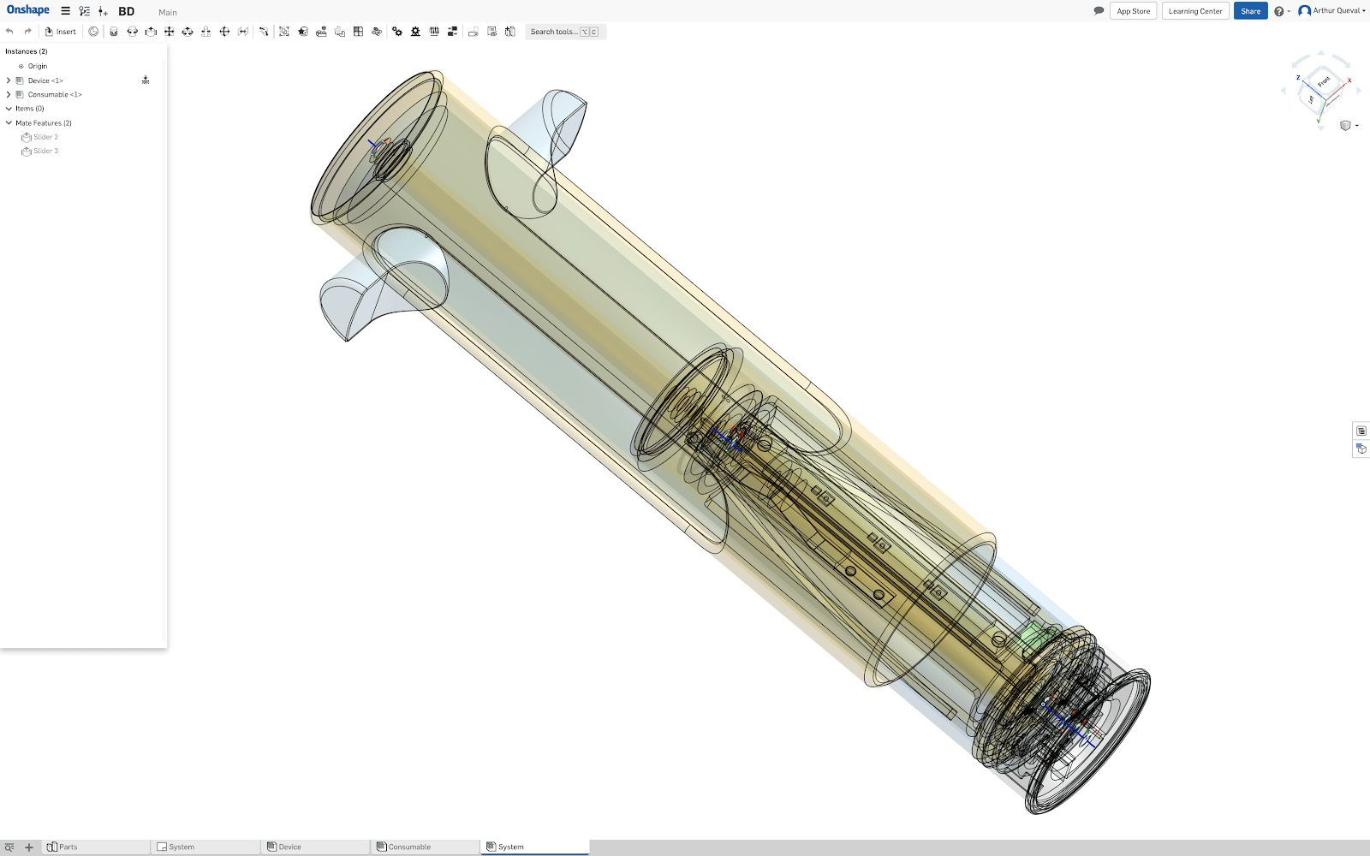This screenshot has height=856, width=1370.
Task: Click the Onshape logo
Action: pyautogui.click(x=28, y=10)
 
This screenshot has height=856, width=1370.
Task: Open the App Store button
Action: pyautogui.click(x=1133, y=11)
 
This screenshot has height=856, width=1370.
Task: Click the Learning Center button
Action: pyautogui.click(x=1194, y=11)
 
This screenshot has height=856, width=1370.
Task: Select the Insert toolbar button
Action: pyautogui.click(x=61, y=32)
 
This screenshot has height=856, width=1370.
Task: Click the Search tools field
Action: pyautogui.click(x=554, y=32)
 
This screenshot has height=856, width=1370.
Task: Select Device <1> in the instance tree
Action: pyautogui.click(x=45, y=80)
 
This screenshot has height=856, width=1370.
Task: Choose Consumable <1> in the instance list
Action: pyautogui.click(x=54, y=94)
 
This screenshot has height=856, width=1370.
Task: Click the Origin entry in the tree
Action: pyautogui.click(x=37, y=66)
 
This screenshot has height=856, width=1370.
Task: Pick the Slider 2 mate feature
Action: pyautogui.click(x=45, y=137)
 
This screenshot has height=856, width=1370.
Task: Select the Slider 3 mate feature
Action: pyautogui.click(x=45, y=151)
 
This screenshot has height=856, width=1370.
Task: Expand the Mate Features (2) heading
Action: pyautogui.click(x=43, y=123)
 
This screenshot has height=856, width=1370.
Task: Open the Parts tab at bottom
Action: pyautogui.click(x=68, y=847)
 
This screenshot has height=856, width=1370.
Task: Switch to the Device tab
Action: pyautogui.click(x=289, y=847)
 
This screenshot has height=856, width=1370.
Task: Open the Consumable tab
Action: pyautogui.click(x=408, y=847)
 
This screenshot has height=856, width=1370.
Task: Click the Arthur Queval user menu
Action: pyautogui.click(x=1332, y=11)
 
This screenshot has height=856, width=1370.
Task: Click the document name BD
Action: pyautogui.click(x=126, y=11)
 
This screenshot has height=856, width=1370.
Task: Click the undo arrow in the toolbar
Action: pyautogui.click(x=9, y=32)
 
